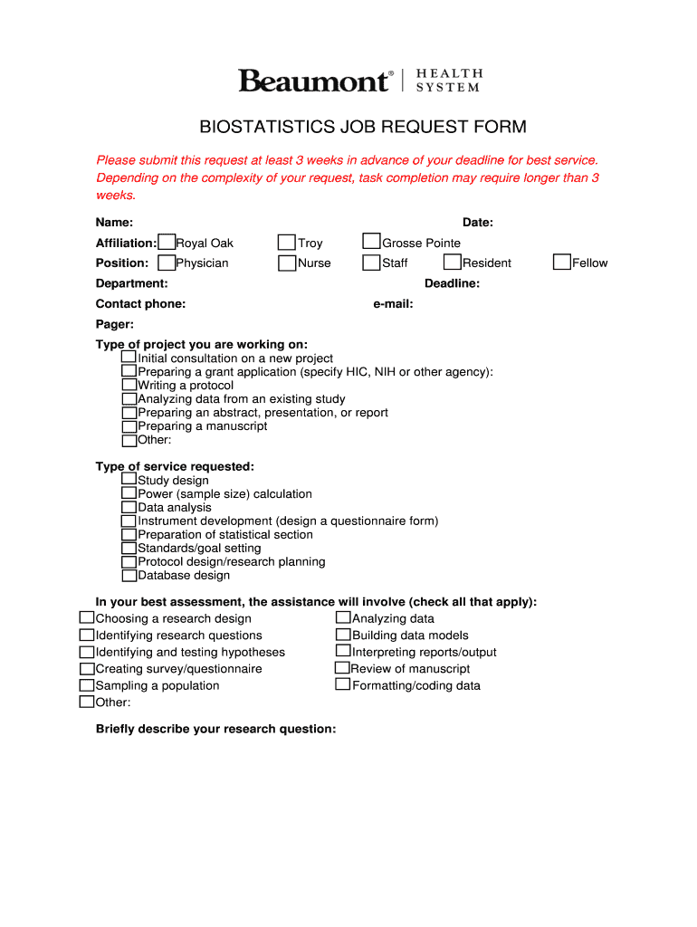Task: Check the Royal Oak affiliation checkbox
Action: [x=167, y=242]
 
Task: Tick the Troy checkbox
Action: [x=287, y=242]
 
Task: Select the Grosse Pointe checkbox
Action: [x=371, y=241]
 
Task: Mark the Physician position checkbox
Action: [x=167, y=263]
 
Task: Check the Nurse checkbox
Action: [x=287, y=263]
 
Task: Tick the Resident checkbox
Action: [x=452, y=262]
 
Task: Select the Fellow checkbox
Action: [x=561, y=262]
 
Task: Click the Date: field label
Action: [x=477, y=223]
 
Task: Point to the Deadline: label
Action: [x=452, y=283]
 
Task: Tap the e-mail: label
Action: [x=393, y=304]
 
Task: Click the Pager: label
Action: [x=115, y=324]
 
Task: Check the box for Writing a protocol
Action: [x=129, y=385]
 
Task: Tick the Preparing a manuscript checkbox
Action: [x=129, y=425]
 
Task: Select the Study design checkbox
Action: [x=129, y=479]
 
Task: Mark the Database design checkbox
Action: [x=129, y=574]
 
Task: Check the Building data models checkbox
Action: [x=343, y=634]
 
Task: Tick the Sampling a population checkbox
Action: [x=87, y=684]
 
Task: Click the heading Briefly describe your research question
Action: [x=215, y=729]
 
